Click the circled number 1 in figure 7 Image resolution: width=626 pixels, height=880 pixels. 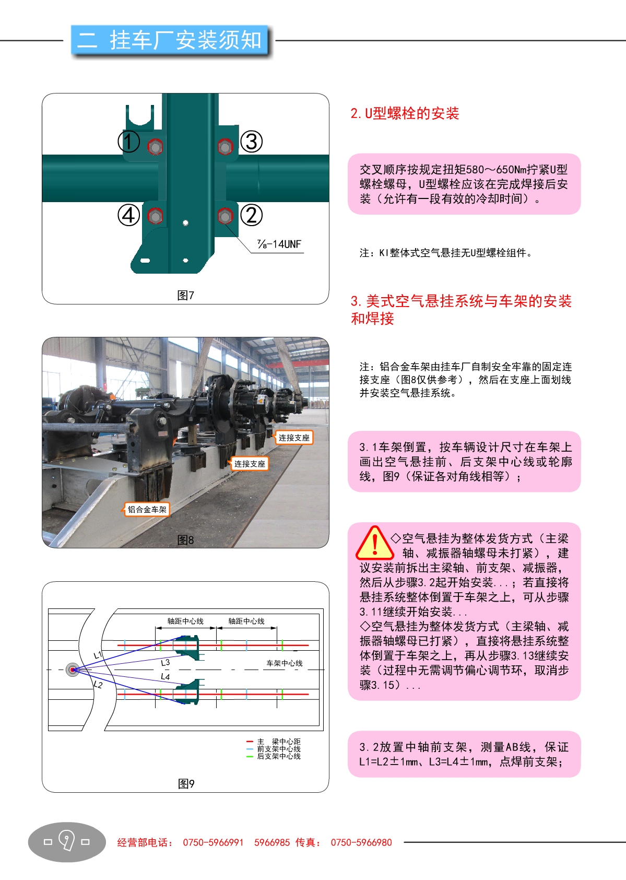pos(129,142)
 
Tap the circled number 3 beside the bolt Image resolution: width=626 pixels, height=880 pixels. pos(251,142)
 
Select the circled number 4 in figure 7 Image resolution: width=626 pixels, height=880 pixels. pos(129,215)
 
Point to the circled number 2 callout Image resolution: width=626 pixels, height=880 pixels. pos(251,215)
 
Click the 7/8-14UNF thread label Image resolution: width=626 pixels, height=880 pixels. pos(279,244)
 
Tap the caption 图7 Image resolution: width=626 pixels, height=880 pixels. pos(186,295)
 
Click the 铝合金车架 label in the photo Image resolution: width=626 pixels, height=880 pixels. pos(147,510)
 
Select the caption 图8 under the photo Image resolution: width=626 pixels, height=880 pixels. pos(186,540)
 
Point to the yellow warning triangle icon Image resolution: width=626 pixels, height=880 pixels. pos(375,543)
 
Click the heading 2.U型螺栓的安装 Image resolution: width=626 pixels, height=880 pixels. pos(405,113)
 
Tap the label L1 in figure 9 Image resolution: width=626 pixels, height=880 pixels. pos(98,655)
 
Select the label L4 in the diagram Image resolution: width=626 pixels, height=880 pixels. pos(166,676)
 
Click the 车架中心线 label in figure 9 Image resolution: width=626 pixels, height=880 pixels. pos(285,663)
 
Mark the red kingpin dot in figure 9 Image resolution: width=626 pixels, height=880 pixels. pos(73,670)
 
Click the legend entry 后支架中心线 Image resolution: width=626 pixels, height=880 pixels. pos(279,756)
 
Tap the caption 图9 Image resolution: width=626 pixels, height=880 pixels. pos(186,784)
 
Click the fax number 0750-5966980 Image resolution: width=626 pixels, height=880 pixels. pos(361,842)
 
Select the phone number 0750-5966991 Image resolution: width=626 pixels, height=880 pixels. pos(213,842)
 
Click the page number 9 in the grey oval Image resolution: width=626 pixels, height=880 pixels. pos(67,841)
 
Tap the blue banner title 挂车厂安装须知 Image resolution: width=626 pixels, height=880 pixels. pos(186,40)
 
